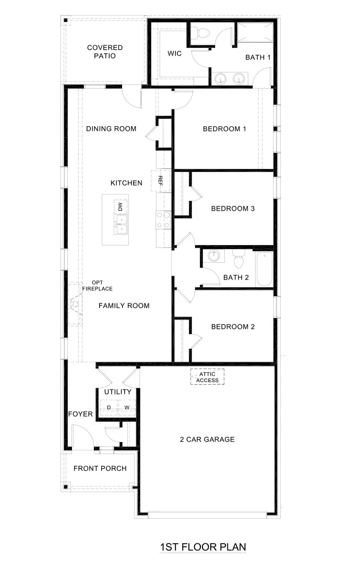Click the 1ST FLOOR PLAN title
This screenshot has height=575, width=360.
[202, 547]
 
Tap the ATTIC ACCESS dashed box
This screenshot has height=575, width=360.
[207, 377]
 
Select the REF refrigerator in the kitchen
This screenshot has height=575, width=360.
[161, 181]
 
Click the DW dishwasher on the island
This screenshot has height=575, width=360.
[121, 206]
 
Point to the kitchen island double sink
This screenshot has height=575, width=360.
[121, 225]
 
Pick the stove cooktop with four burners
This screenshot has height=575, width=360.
[163, 220]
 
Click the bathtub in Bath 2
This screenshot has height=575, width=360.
[265, 268]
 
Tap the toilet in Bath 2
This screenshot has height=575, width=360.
[238, 259]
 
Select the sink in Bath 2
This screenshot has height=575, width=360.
[213, 256]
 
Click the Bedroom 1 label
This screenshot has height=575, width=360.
[224, 129]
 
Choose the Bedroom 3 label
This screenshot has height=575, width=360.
[233, 209]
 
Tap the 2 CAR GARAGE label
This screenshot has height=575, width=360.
[207, 439]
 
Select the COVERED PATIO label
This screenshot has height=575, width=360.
[105, 52]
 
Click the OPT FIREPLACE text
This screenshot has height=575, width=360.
[97, 286]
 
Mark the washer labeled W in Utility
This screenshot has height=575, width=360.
[126, 407]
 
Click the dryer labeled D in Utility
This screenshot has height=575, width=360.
[109, 407]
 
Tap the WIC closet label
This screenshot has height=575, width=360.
[174, 54]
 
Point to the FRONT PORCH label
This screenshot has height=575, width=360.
[100, 468]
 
